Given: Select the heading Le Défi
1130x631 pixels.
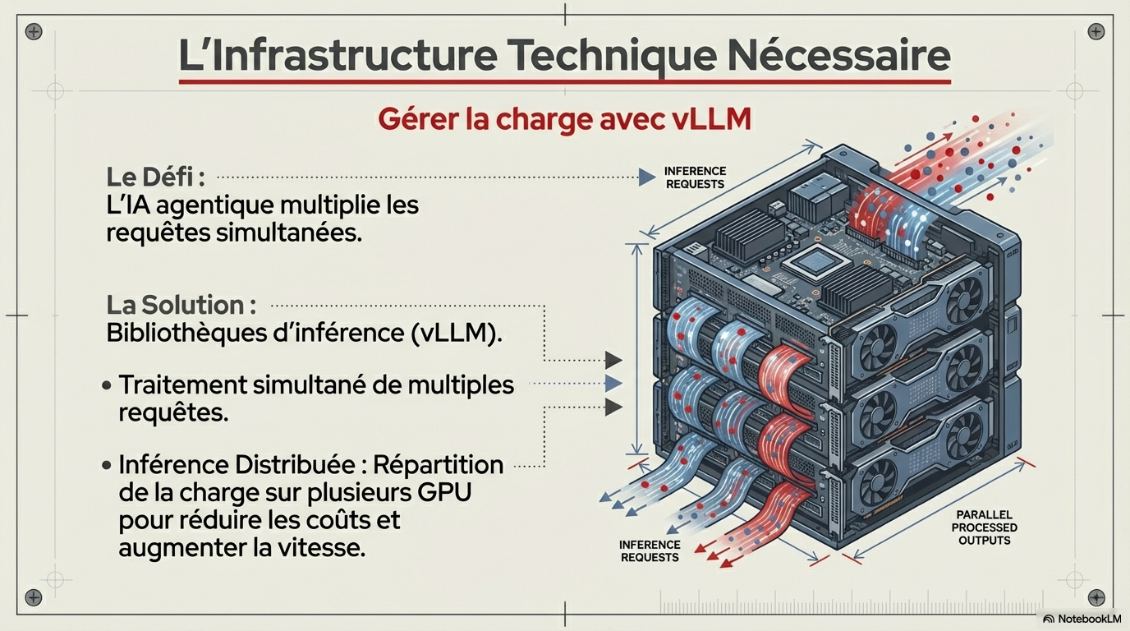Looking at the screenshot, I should click(154, 177).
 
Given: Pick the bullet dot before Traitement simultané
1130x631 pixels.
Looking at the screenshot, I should click(107, 385).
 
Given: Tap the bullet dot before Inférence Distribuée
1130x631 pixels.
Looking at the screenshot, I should click(107, 465).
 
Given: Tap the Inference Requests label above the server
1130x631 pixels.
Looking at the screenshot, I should click(695, 177).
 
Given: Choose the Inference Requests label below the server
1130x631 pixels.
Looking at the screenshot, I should click(649, 550).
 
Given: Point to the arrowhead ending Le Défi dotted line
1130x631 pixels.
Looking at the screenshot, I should click(646, 177).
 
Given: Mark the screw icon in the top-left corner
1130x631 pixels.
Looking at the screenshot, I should click(34, 32).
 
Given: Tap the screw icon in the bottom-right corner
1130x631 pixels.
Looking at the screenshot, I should click(1096, 597).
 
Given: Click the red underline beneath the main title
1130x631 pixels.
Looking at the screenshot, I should click(564, 81).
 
